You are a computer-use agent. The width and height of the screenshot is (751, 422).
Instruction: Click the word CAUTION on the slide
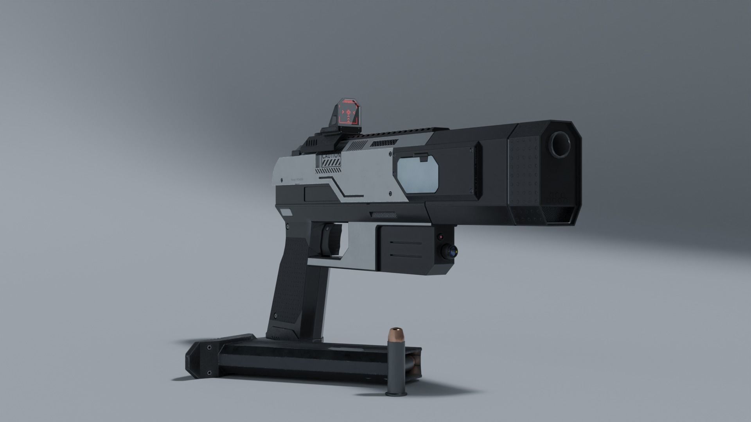(x=331, y=156)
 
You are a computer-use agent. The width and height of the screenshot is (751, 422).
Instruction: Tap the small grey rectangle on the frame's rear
(x=287, y=213)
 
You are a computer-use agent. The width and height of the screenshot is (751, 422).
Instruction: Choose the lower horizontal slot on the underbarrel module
(x=407, y=256)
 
